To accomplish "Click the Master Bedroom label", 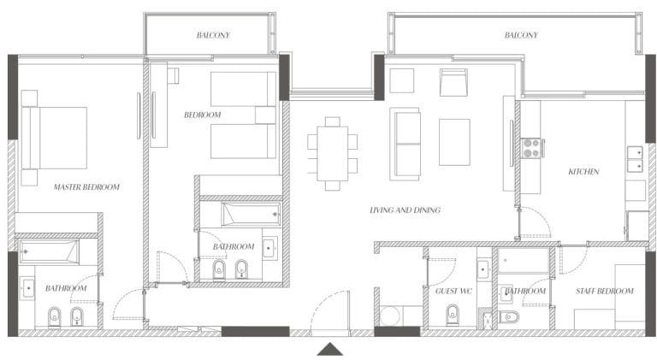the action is [86, 187].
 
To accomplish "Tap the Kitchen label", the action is [583, 172].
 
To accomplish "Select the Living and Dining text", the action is [405, 210].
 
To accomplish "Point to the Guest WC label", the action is [453, 291].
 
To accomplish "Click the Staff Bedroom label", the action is [604, 291].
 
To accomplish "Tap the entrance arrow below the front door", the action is [329, 349].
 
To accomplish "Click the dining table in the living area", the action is [332, 154].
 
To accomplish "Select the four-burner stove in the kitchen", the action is [531, 148].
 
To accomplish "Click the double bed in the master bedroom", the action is [55, 138].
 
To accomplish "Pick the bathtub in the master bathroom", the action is [49, 251].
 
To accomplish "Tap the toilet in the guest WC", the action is [453, 315].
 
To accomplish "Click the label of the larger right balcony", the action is [521, 35].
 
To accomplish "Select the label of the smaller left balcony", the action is [213, 35].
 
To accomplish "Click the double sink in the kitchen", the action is [635, 159].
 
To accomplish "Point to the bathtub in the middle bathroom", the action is [251, 215].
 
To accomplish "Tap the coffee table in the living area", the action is [454, 142].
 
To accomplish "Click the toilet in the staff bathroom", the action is [509, 317].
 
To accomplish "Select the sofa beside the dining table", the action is [405, 145].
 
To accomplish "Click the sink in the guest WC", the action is [483, 269].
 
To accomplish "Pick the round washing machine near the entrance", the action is [391, 316].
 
